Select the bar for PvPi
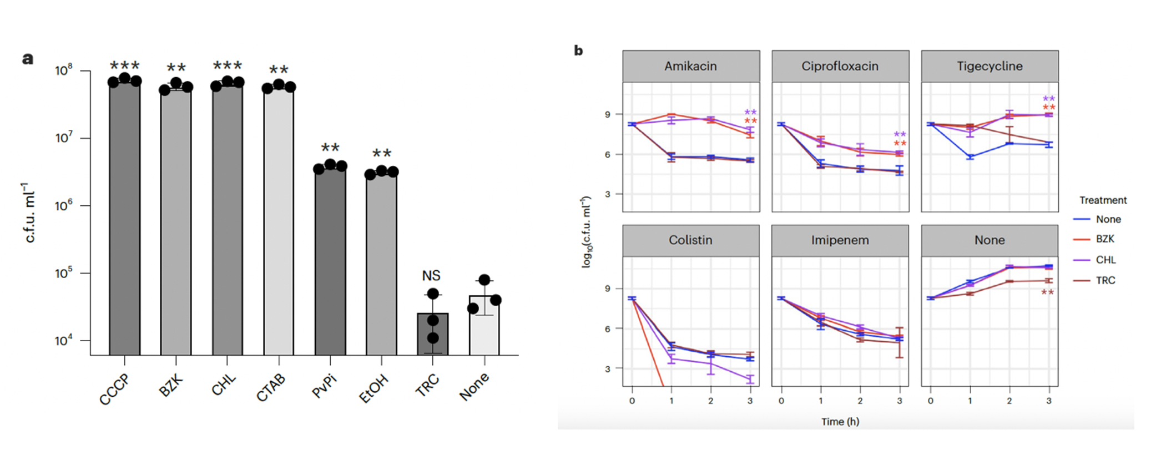point(330,261)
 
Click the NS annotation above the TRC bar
point(431,276)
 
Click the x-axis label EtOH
point(373,388)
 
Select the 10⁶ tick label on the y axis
point(64,206)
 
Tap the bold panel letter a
point(28,58)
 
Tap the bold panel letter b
point(578,51)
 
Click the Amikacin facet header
point(691,66)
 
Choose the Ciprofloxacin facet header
point(840,66)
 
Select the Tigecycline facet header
point(990,66)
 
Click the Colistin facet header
point(691,240)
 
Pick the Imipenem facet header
point(840,240)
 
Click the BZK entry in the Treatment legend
point(1105,239)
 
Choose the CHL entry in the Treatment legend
point(1106,260)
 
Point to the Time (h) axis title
point(840,422)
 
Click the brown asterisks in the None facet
point(1047,293)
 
